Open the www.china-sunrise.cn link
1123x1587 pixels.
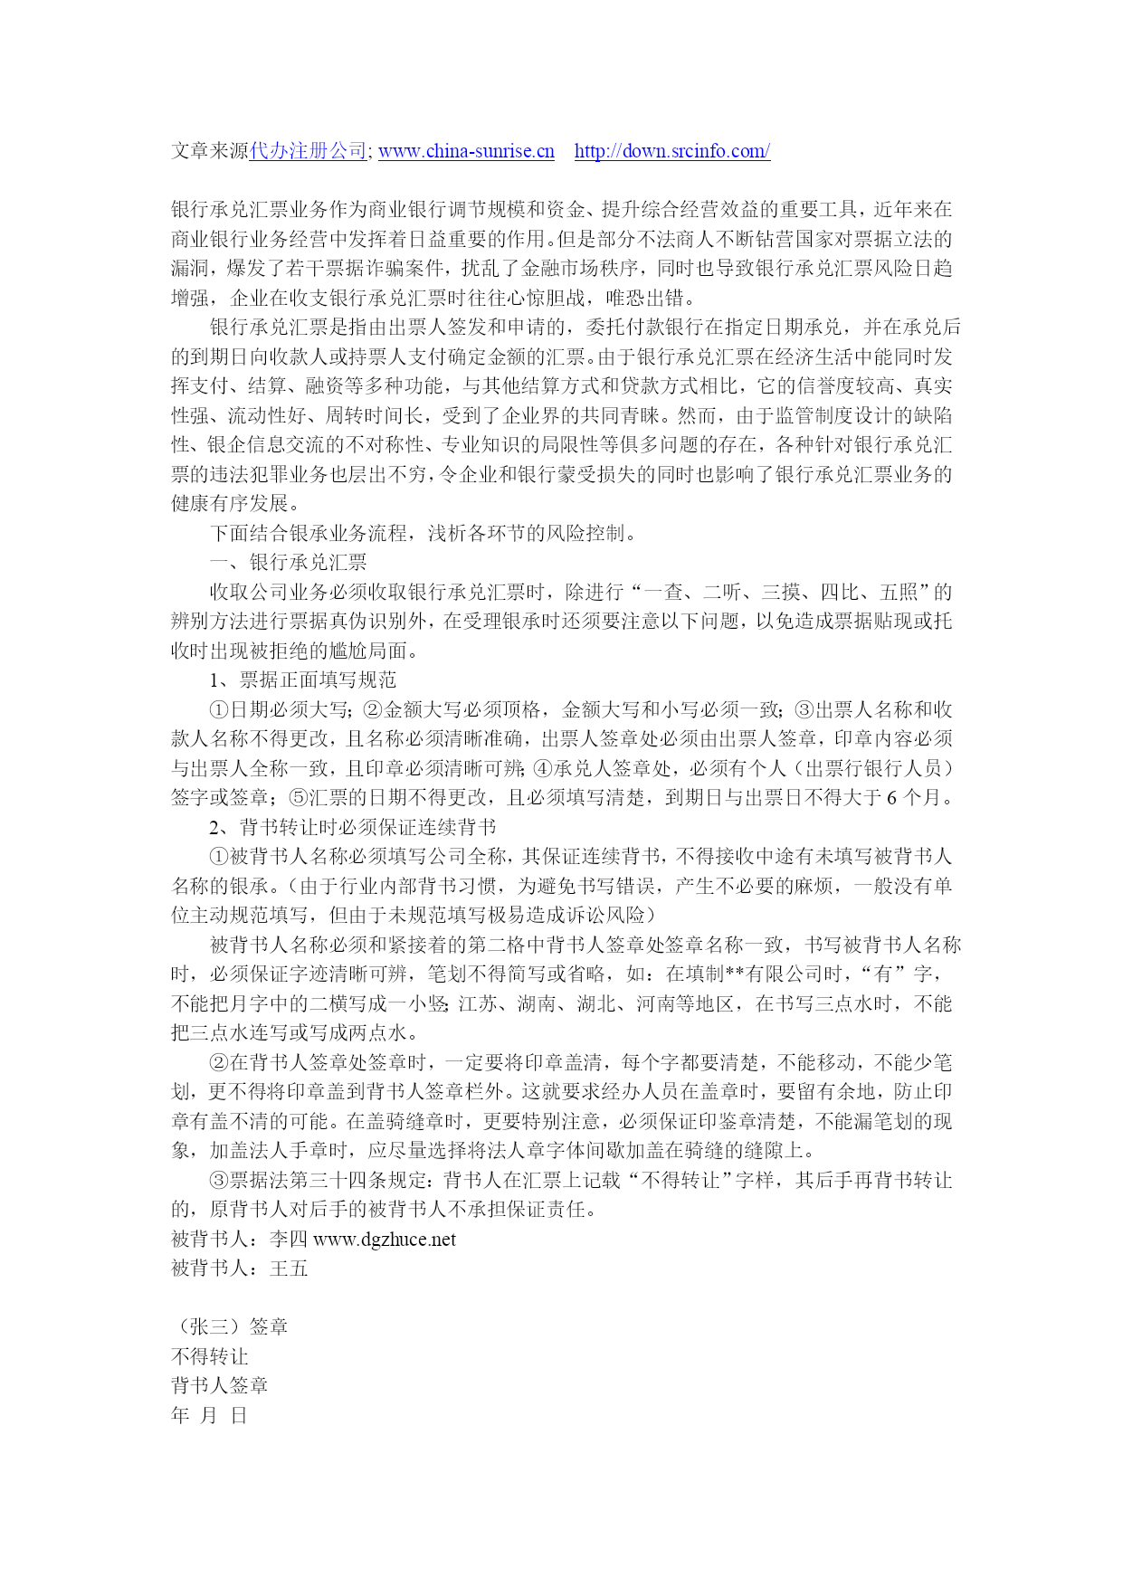466,151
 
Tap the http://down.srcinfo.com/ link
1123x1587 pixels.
671,151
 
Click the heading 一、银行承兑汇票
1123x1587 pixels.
288,563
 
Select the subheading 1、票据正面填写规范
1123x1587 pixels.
302,680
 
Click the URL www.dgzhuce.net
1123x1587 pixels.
385,1240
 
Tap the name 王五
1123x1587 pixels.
290,1269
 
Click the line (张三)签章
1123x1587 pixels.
230,1327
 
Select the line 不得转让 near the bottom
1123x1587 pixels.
210,1356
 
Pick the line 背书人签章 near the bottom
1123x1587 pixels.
220,1386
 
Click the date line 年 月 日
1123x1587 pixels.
209,1415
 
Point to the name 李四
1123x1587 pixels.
290,1240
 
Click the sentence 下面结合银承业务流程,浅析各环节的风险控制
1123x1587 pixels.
424,533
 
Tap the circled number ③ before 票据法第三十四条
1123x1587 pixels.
219,1181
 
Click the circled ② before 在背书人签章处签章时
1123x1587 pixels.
219,1063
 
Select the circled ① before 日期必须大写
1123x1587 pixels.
219,710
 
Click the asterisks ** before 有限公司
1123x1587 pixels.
735,974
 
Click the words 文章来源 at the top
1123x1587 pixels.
210,151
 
